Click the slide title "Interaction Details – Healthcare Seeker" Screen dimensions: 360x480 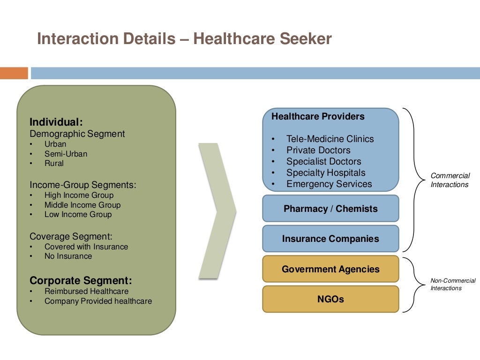click(184, 39)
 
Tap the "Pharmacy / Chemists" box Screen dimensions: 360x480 click(330, 209)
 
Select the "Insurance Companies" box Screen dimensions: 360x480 click(330, 239)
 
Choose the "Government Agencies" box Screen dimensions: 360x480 click(330, 269)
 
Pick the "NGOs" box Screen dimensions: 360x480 click(330, 299)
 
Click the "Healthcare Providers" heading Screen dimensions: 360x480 click(318, 116)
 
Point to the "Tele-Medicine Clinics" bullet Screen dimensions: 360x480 click(330, 139)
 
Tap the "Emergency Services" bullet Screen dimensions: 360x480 click(329, 184)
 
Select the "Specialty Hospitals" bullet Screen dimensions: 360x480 click(326, 172)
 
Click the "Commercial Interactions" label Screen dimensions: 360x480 click(450, 180)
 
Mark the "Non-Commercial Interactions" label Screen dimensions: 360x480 click(453, 284)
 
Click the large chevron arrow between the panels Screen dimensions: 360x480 click(217, 211)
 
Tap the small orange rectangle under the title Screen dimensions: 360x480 click(14, 73)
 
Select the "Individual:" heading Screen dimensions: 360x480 click(56, 122)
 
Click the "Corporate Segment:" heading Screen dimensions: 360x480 click(81, 280)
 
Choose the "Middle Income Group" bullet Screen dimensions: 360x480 click(82, 205)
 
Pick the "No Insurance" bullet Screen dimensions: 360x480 click(68, 256)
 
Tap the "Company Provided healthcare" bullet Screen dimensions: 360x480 click(98, 301)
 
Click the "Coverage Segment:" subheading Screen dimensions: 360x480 click(71, 236)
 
